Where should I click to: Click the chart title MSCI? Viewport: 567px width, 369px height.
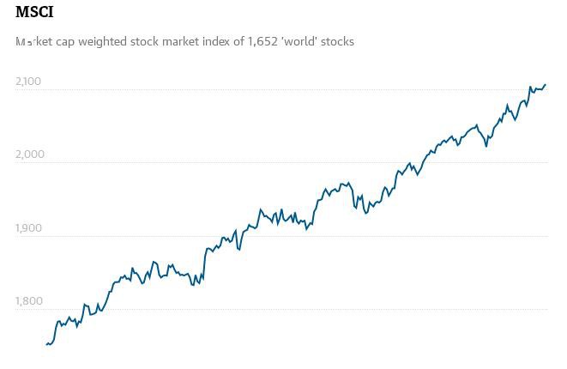tap(34, 13)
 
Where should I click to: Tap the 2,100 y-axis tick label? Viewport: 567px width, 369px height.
tap(28, 82)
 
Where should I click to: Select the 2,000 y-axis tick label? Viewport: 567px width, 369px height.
tap(28, 154)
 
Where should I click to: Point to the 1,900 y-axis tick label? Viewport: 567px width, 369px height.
tap(28, 228)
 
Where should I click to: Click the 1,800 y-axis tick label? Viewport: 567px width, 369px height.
tap(28, 301)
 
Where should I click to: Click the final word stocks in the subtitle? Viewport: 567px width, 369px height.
tap(336, 41)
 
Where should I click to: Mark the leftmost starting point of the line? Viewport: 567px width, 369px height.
tap(46, 345)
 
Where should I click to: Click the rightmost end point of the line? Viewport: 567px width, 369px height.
tap(546, 84)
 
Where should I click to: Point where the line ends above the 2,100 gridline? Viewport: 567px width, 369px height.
tap(546, 84)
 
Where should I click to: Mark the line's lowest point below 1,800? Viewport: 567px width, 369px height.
tap(47, 345)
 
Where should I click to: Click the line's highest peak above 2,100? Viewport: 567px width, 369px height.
tap(546, 84)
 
